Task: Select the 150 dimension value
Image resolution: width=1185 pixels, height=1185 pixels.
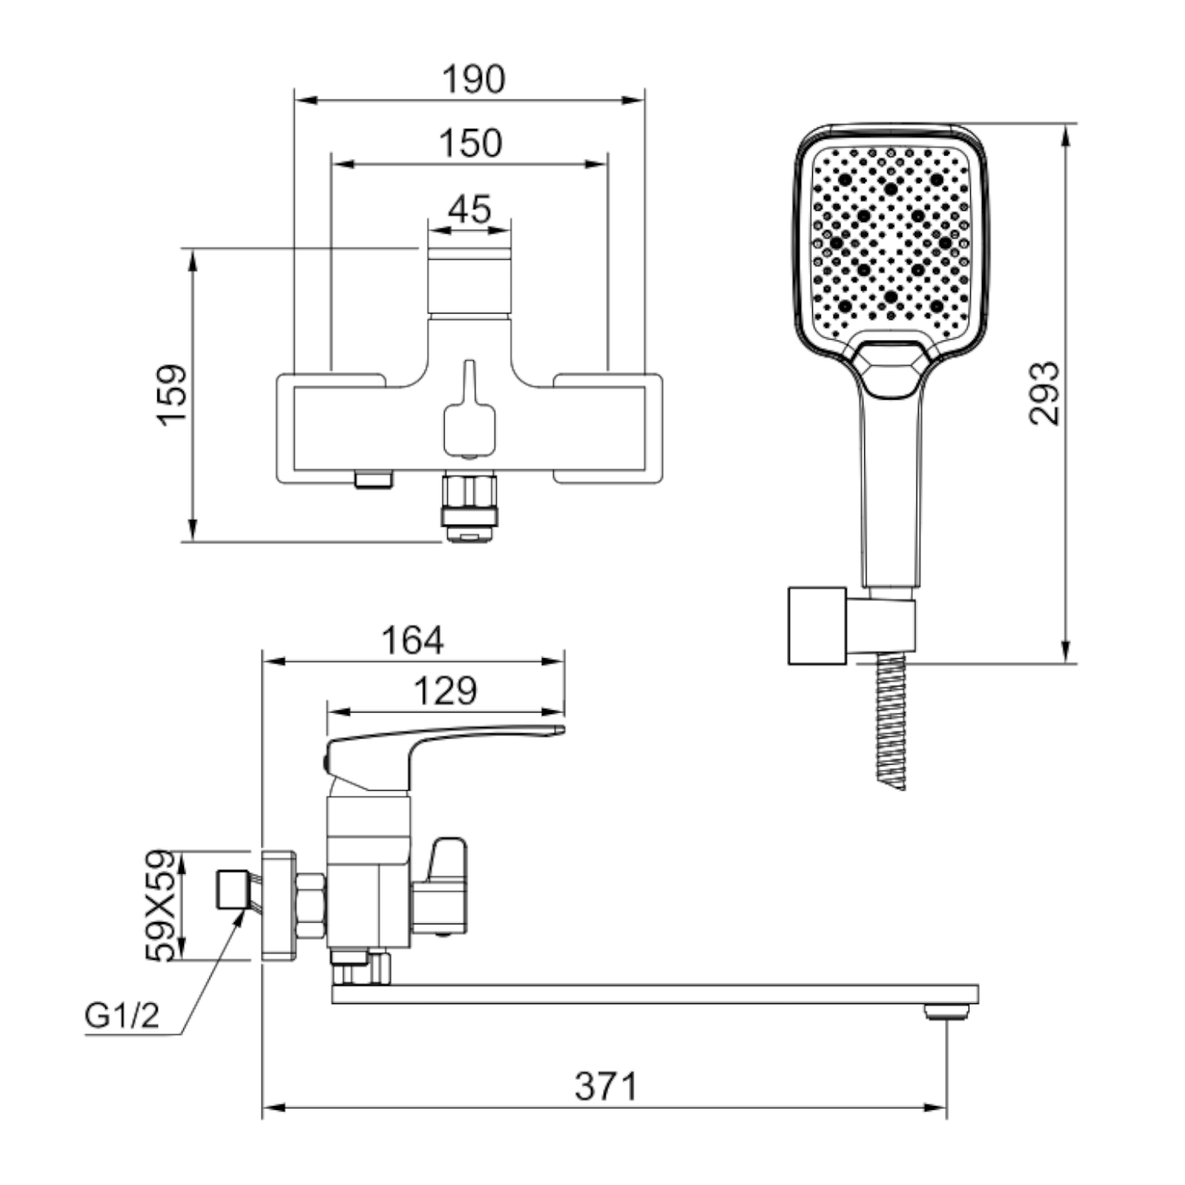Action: pos(470,144)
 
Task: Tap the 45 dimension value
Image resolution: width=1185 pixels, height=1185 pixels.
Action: pos(469,209)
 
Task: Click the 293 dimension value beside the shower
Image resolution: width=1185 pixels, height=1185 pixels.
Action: pos(1044,393)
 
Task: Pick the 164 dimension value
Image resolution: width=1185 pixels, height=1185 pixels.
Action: pos(412,640)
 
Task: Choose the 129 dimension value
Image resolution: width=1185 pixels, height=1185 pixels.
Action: pos(446,691)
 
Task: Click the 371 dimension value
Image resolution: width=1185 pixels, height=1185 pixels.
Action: pos(605,1087)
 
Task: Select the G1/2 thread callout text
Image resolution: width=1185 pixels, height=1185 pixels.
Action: pos(122,1016)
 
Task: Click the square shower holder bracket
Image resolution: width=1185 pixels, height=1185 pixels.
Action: pos(817,625)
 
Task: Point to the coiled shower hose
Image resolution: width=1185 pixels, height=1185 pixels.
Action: pos(892,719)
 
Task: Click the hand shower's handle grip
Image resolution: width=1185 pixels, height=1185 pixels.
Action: pos(891,490)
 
